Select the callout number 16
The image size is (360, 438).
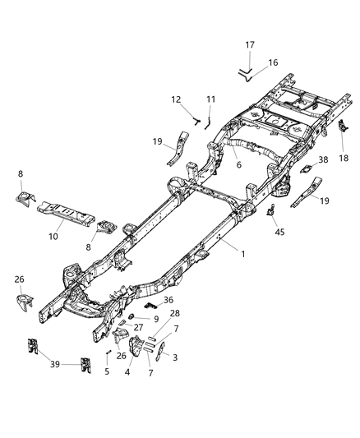pyautogui.click(x=274, y=62)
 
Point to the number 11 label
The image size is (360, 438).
pyautogui.click(x=210, y=99)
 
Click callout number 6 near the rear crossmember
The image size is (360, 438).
pyautogui.click(x=239, y=164)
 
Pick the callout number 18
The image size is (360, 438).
pyautogui.click(x=343, y=157)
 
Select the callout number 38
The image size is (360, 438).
pyautogui.click(x=323, y=162)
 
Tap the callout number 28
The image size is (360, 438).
pyautogui.click(x=174, y=312)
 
